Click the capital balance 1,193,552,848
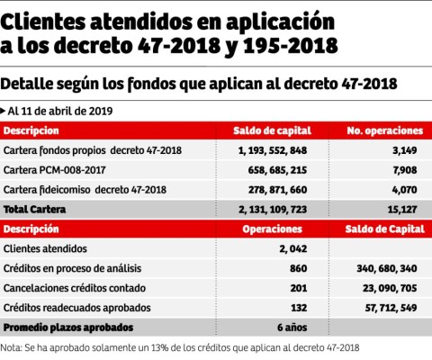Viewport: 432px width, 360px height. (272, 149)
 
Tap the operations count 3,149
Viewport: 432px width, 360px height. (403, 149)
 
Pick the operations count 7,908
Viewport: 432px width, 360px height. (403, 169)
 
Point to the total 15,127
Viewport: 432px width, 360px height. (401, 209)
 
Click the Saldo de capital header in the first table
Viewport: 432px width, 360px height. (272, 130)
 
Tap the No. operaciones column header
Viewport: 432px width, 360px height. (378, 130)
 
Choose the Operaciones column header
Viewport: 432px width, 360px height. (272, 229)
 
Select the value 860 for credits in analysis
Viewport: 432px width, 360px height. (298, 268)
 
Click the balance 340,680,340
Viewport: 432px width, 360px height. (386, 268)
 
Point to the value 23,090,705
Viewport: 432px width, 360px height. (390, 288)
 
